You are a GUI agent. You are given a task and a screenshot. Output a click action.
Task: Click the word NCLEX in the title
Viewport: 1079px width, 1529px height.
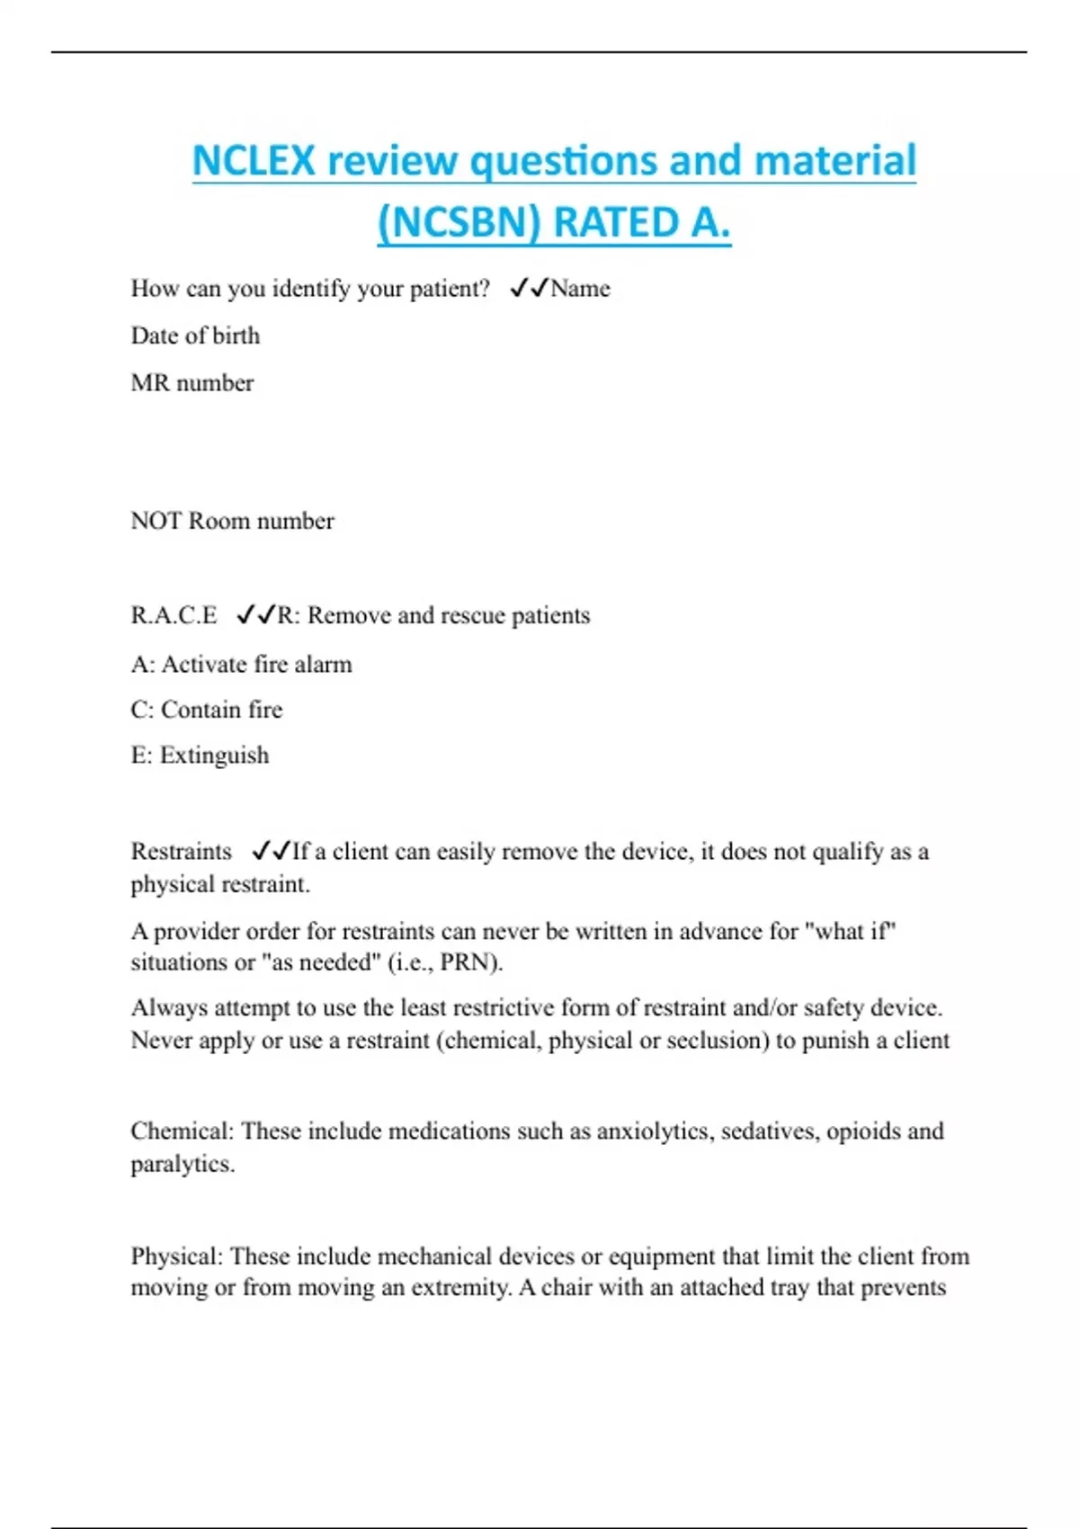point(254,162)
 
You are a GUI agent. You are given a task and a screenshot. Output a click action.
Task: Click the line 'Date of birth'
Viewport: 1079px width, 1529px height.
point(195,335)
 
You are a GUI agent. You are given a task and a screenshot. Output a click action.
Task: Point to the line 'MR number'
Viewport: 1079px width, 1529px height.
point(192,383)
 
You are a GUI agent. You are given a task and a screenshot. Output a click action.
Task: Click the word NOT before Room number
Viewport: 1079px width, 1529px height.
point(156,521)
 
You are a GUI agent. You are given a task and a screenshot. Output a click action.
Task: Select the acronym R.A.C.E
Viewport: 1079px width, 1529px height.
point(174,615)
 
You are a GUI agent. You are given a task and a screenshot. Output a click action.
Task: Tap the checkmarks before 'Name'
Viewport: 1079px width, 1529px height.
point(529,288)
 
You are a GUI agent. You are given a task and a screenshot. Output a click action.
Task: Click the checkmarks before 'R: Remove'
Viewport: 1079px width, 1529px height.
point(255,615)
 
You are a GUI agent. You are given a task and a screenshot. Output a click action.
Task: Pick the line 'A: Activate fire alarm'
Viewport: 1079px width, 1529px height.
point(241,665)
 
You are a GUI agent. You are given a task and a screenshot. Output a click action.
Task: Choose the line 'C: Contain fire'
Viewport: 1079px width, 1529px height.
point(207,710)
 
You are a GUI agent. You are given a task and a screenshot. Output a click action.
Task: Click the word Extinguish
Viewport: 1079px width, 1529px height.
point(214,756)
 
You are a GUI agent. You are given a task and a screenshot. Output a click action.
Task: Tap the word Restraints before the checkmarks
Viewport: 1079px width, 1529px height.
point(181,851)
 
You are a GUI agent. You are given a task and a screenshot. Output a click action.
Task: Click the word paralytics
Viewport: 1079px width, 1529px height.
point(183,1164)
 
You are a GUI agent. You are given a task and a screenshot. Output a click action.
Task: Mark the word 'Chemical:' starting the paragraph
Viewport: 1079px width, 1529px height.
point(182,1131)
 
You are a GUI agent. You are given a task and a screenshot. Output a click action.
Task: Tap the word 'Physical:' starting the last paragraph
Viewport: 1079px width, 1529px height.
point(177,1256)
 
